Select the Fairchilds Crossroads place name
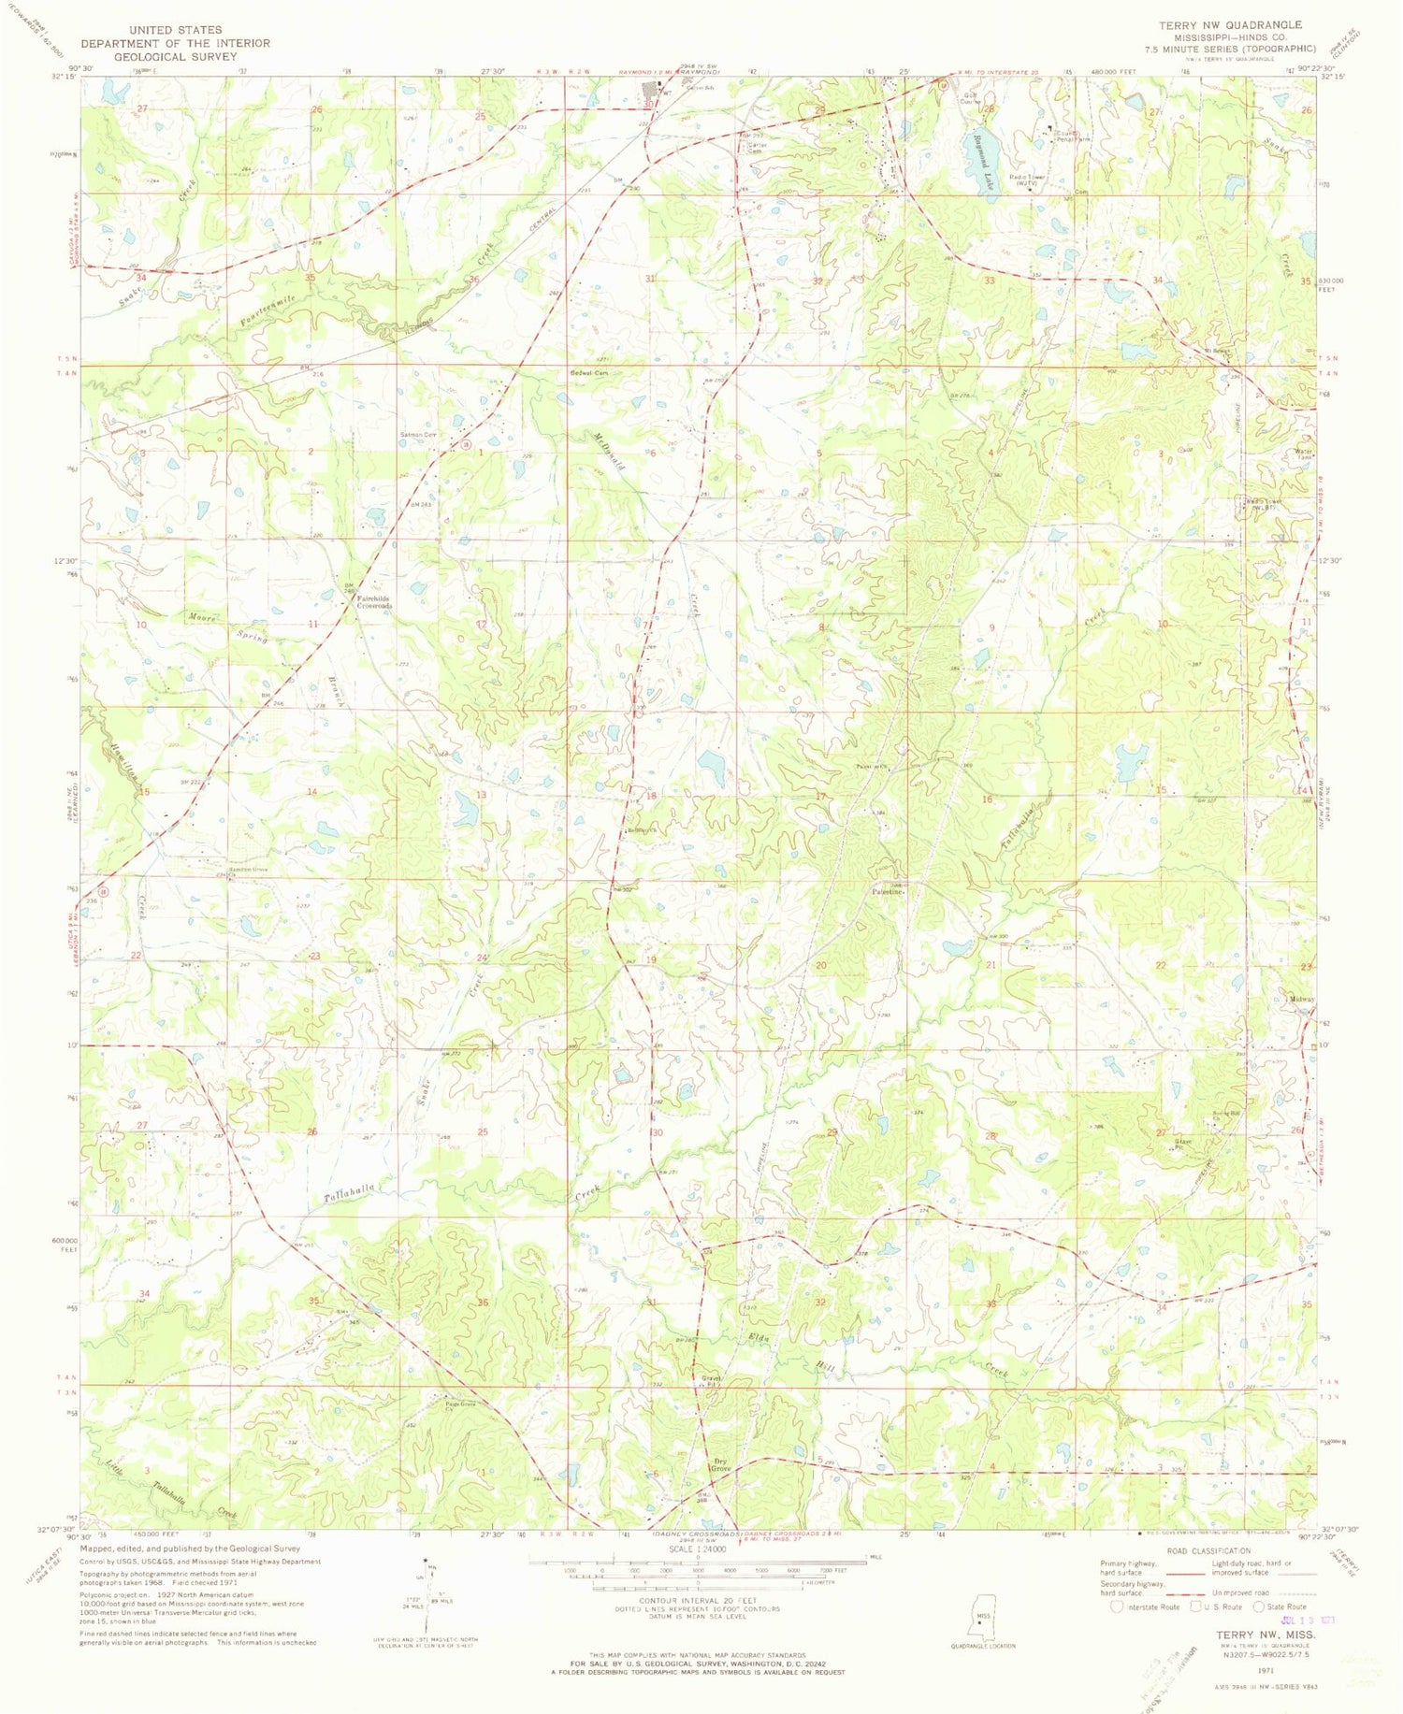[374, 601]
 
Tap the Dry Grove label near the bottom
[720, 1465]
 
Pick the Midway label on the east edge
[1301, 999]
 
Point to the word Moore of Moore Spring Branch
[203, 617]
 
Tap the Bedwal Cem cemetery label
[589, 372]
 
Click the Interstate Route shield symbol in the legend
[1116, 1606]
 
